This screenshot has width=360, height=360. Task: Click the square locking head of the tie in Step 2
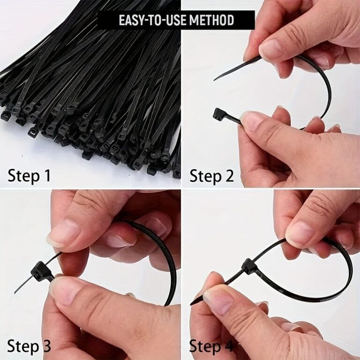click(x=220, y=114)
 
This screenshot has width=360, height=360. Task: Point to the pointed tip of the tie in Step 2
click(x=216, y=79)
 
